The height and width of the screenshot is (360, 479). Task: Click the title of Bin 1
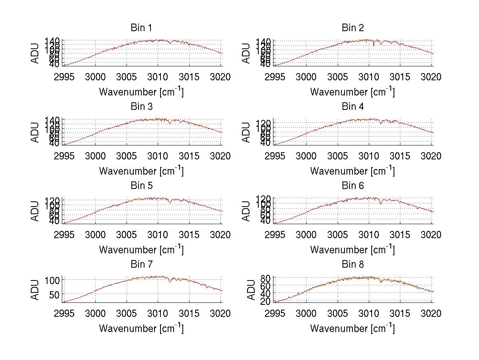click(x=141, y=28)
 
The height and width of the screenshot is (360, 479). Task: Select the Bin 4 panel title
click(x=353, y=107)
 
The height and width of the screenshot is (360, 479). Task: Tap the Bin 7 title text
click(x=141, y=265)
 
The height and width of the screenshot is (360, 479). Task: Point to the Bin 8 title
click(x=353, y=265)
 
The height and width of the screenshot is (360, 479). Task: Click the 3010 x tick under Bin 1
click(x=158, y=77)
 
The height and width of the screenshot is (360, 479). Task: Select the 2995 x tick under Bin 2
click(x=275, y=77)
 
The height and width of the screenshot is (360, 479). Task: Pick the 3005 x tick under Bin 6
click(x=338, y=235)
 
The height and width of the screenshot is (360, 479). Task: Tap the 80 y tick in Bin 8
click(x=266, y=278)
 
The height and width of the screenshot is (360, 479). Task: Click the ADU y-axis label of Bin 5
click(x=36, y=211)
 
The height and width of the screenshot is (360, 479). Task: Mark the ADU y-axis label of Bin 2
click(x=246, y=53)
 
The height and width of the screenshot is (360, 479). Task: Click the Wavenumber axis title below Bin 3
click(x=141, y=171)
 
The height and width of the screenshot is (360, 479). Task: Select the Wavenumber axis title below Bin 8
click(x=352, y=328)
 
